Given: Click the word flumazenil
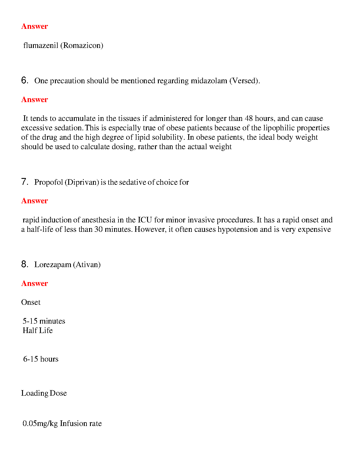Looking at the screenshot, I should [x=41, y=46].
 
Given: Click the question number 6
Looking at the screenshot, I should [x=25, y=80].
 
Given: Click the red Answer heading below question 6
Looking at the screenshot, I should [x=34, y=100].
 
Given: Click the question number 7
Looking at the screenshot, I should [x=25, y=182].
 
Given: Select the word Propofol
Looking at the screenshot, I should [x=49, y=182].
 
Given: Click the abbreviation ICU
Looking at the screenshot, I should [x=145, y=220].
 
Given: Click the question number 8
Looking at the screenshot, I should [x=25, y=264].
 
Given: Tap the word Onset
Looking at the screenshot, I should [x=31, y=302].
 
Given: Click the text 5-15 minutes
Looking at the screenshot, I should [x=44, y=321].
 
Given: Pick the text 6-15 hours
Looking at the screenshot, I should [x=41, y=359].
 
